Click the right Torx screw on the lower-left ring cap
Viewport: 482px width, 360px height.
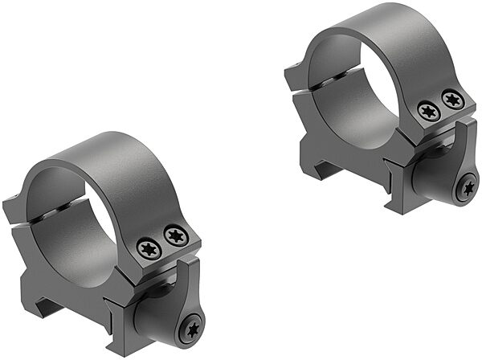tap(174, 236)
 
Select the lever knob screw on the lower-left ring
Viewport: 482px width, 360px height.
tap(192, 329)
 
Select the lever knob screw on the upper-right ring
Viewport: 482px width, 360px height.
tap(467, 190)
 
